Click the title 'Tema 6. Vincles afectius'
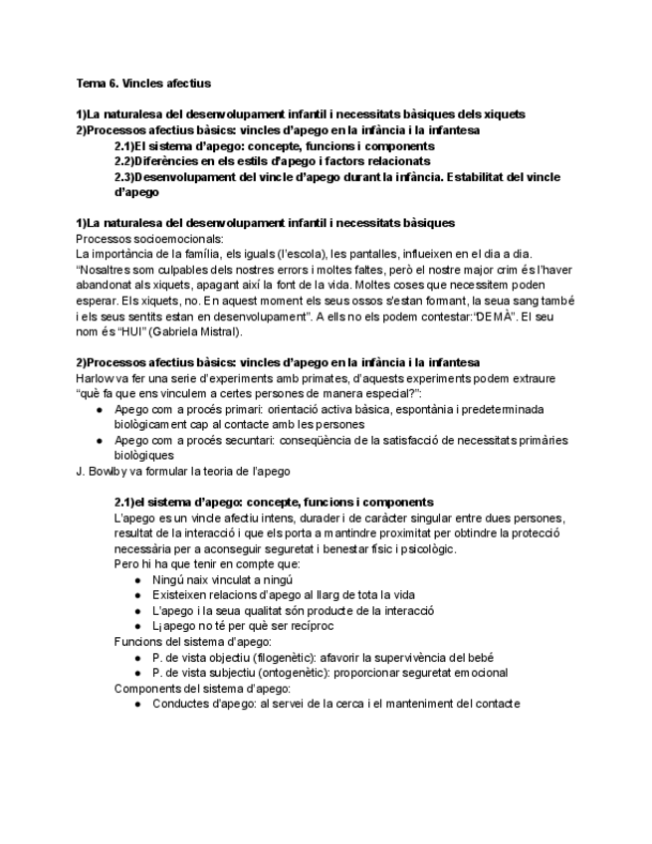click(143, 84)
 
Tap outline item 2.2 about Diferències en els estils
click(272, 160)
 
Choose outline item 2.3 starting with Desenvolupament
click(336, 177)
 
